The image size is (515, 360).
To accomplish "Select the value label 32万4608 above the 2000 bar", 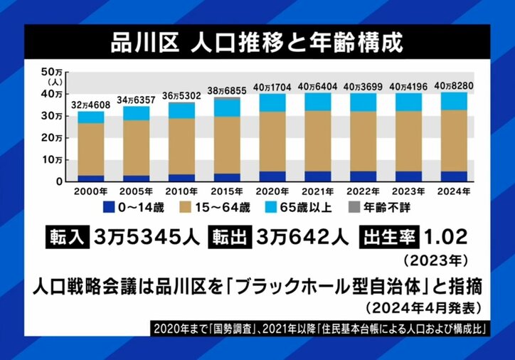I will tap(90, 105).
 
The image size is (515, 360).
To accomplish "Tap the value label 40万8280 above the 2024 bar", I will tap(453, 86).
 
